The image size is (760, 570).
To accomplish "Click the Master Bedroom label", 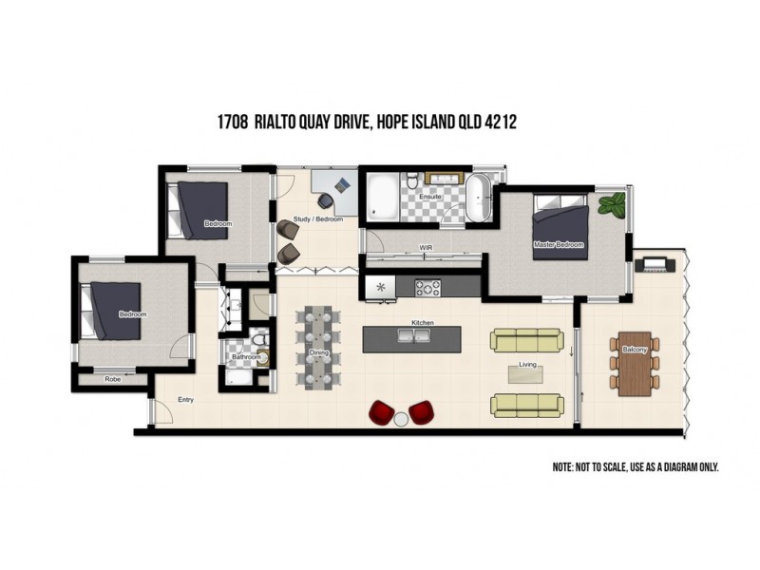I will click(559, 245).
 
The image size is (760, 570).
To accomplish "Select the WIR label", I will click(427, 248).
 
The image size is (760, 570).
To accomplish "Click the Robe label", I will click(112, 379).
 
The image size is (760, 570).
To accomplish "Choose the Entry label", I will click(186, 400).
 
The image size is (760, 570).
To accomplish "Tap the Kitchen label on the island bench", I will click(422, 324).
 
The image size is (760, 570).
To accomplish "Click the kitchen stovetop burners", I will click(427, 287).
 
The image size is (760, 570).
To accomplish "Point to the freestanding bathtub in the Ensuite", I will click(479, 197).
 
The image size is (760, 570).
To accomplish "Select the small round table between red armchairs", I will click(402, 419).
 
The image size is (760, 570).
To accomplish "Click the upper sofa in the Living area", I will click(526, 340).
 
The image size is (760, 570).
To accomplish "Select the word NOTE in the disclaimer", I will click(564, 467).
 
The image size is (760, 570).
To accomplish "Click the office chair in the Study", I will click(326, 200).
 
